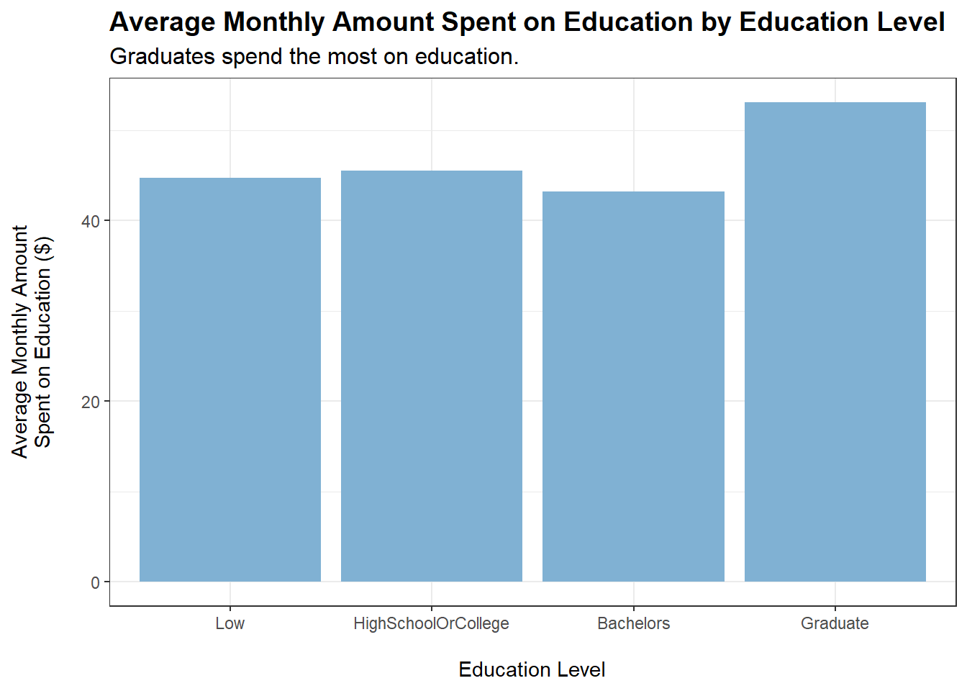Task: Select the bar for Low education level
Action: (x=230, y=379)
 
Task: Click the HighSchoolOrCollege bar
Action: (x=432, y=376)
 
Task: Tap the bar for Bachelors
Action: (x=633, y=387)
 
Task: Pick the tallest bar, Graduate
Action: (x=835, y=342)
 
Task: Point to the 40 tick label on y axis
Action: (x=91, y=221)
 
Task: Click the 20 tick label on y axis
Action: (x=91, y=402)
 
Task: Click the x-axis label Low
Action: (x=230, y=623)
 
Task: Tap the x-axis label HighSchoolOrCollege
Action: (x=431, y=623)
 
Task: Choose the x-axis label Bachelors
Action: (x=633, y=623)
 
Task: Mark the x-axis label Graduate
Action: (x=835, y=623)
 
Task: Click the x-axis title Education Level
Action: (x=532, y=669)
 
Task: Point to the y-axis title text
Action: (x=32, y=342)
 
